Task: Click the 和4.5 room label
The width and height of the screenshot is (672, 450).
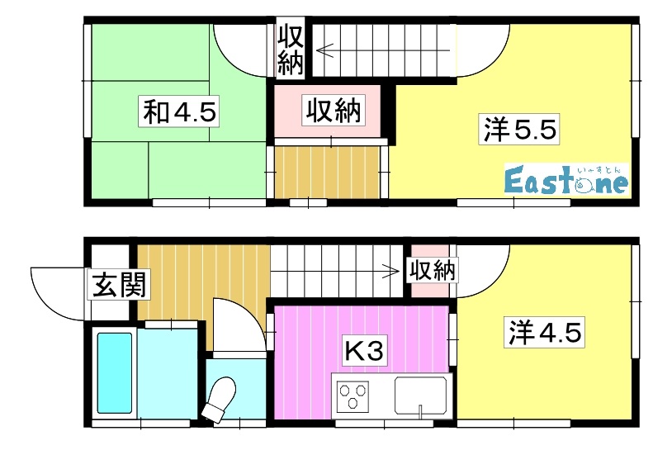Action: click(180, 112)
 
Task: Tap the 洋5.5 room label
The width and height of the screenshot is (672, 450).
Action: click(520, 130)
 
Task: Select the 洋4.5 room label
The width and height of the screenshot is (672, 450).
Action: click(544, 333)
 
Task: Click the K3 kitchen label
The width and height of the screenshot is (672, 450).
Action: click(363, 352)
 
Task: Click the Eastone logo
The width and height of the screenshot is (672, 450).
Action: click(566, 180)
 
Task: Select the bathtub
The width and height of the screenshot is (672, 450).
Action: click(114, 372)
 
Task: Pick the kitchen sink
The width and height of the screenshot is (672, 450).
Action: click(420, 396)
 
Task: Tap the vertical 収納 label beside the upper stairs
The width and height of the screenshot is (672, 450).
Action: click(290, 50)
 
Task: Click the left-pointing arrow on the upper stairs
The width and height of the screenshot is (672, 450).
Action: click(324, 50)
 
